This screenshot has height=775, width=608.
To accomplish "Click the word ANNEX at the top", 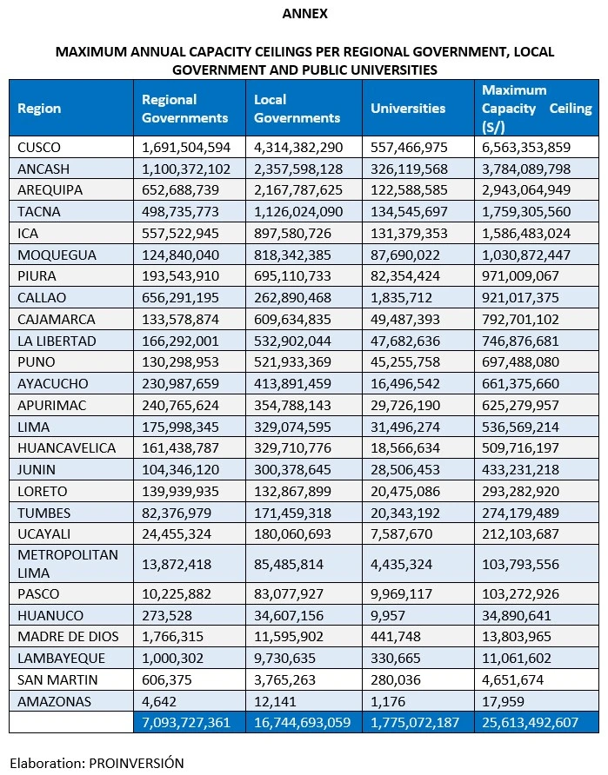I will click(304, 14).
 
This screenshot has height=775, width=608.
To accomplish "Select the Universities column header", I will click(408, 109).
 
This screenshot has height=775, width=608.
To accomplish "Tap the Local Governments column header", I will click(297, 109).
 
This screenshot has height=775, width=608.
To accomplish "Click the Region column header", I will click(39, 109).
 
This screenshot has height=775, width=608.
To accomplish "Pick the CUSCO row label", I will click(39, 147).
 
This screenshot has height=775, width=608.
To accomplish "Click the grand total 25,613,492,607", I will click(536, 723).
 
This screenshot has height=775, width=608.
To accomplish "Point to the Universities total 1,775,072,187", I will click(415, 723).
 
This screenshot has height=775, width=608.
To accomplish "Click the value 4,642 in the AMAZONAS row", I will click(157, 701).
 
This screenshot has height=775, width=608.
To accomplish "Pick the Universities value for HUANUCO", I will click(389, 615).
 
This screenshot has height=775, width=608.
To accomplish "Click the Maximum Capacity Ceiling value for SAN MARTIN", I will click(519, 679).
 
